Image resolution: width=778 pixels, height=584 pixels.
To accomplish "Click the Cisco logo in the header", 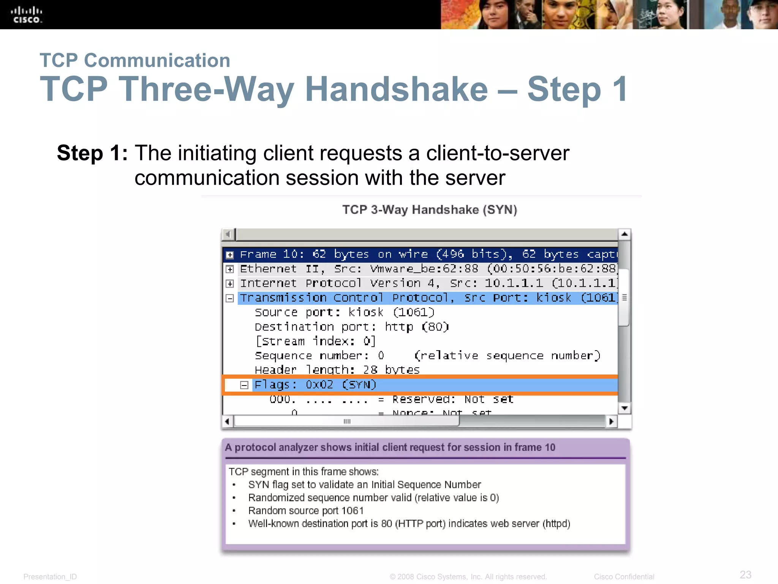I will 27,15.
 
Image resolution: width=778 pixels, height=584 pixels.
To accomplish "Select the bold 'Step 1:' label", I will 92,153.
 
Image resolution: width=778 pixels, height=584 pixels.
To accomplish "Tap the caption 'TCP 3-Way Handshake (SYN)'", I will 429,210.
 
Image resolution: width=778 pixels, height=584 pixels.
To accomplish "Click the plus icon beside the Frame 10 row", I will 230,255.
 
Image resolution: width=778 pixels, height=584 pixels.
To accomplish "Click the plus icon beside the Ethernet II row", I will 230,269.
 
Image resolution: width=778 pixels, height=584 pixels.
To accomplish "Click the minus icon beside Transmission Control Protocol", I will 230,298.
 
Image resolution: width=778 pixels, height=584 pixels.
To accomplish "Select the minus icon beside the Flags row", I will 244,385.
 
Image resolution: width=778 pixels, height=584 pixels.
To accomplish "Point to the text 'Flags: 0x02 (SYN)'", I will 315,385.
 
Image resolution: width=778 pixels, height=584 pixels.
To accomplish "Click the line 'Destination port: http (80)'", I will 352,327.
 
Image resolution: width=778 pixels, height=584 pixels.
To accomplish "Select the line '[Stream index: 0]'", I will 315,341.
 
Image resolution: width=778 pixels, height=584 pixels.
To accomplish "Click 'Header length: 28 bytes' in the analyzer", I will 337,370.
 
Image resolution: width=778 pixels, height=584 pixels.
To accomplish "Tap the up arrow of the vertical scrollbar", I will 624,234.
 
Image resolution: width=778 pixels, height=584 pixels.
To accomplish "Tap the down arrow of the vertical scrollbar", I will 624,408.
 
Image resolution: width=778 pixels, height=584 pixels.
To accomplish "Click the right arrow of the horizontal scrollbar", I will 611,421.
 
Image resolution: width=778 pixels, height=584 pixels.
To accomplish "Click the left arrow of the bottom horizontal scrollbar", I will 227,421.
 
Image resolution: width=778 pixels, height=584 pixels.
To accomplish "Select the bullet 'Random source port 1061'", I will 306,511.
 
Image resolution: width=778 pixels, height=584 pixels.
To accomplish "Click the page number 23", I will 745,574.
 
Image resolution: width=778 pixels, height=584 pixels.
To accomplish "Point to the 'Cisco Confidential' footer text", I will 624,577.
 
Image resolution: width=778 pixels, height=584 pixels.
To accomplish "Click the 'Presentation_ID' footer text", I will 50,577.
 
